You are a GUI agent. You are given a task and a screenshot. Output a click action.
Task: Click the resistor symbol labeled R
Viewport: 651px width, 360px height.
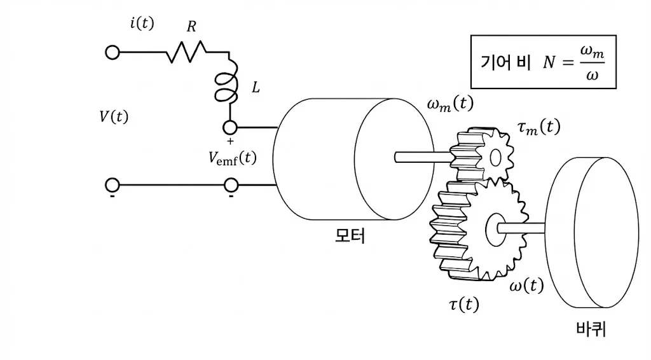(x=186, y=52)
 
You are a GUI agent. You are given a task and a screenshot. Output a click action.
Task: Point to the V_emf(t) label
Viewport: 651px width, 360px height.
(x=232, y=158)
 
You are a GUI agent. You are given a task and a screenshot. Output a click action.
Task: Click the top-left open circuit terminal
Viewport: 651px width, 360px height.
(x=112, y=52)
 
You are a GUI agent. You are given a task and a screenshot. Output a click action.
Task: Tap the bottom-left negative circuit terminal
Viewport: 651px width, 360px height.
(x=112, y=185)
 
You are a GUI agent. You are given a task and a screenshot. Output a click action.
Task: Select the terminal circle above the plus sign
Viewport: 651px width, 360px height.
(x=230, y=127)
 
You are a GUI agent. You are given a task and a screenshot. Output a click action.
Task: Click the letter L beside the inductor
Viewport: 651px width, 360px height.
(x=256, y=88)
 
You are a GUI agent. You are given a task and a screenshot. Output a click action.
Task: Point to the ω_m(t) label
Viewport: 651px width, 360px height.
(x=449, y=104)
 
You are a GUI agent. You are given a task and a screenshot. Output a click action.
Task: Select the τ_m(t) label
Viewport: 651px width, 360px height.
(x=538, y=128)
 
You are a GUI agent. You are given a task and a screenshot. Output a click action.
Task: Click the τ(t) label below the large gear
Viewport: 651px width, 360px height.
(x=463, y=305)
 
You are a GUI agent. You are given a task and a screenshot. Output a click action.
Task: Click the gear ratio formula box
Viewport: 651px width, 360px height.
(x=543, y=62)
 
